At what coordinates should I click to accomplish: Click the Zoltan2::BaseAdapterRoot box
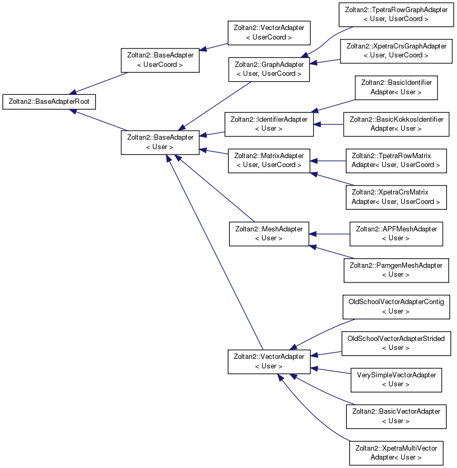click(49, 102)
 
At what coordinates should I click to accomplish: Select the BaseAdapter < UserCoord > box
click(160, 60)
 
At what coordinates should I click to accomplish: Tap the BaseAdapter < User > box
click(160, 142)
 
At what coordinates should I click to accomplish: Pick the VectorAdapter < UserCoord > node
click(269, 33)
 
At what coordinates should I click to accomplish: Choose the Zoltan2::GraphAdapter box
click(269, 69)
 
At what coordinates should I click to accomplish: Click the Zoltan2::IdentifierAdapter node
click(269, 124)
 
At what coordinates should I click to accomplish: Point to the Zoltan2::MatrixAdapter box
click(269, 161)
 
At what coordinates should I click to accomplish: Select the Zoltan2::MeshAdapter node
click(269, 233)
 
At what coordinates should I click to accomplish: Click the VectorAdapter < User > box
click(269, 362)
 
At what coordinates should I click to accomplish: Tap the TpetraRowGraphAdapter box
click(396, 15)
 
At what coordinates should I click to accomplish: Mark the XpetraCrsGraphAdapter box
click(396, 51)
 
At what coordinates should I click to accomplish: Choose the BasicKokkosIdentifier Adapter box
click(396, 124)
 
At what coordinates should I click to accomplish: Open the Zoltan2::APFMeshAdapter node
click(396, 233)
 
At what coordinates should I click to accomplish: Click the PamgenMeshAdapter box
click(396, 270)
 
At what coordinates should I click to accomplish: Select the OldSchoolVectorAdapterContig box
click(396, 307)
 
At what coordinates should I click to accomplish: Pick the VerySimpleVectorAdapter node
click(396, 380)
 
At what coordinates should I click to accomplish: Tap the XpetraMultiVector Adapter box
click(396, 453)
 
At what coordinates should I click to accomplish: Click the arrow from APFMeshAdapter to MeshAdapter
click(329, 234)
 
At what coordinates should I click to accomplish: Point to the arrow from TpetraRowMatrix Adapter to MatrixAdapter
click(328, 161)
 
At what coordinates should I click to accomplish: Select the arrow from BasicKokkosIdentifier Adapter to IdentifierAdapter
click(328, 124)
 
